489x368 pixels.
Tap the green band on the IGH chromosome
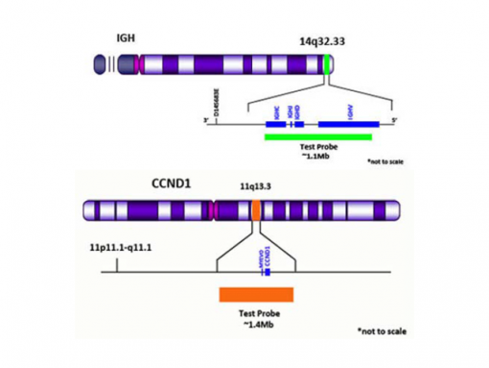pos(328,64)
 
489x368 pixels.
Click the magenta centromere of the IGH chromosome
pos(139,64)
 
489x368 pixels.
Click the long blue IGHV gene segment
pos(348,123)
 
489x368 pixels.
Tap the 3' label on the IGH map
pos(205,121)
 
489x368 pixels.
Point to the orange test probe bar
pos(255,294)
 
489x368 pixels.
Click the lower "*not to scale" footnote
pos(384,331)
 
